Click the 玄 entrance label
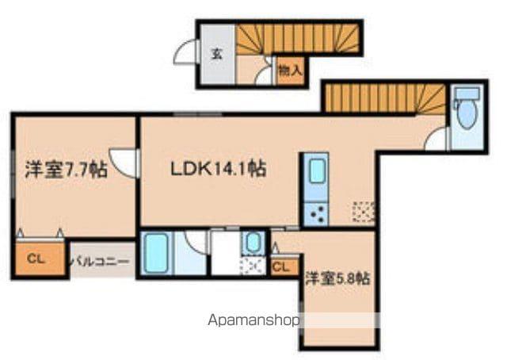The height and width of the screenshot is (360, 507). coord(216,55)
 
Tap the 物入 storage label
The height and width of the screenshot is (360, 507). coord(290,71)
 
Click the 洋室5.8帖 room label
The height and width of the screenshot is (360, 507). coord(337,278)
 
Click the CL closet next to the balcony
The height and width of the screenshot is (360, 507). coord(36,259)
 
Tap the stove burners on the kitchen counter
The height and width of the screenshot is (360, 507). coord(316,213)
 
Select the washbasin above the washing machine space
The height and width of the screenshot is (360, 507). coord(253,242)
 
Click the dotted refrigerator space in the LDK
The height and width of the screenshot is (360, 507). coord(364,212)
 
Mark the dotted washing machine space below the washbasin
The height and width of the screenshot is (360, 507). coord(253,265)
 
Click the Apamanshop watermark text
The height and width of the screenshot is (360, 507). coord(253,321)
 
